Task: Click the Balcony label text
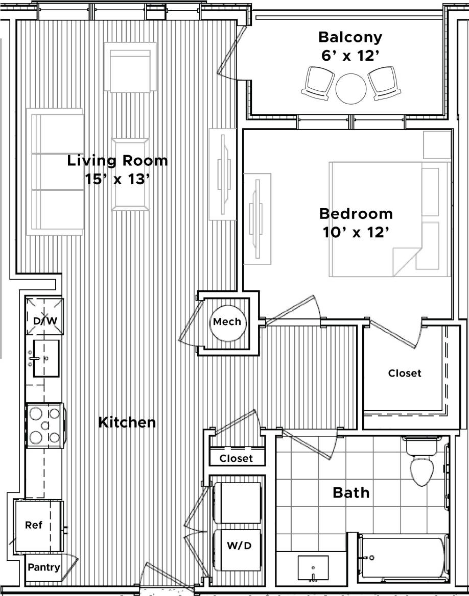pyautogui.click(x=350, y=37)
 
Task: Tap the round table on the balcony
pyautogui.click(x=351, y=88)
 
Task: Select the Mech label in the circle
pyautogui.click(x=227, y=322)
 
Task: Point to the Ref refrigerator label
pyautogui.click(x=34, y=525)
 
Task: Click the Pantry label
pyautogui.click(x=44, y=567)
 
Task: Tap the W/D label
pyautogui.click(x=239, y=545)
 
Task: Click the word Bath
pyautogui.click(x=351, y=492)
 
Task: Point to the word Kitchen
pyautogui.click(x=127, y=423)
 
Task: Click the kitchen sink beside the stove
pyautogui.click(x=45, y=358)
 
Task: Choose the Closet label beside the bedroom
pyautogui.click(x=405, y=373)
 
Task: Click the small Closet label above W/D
pyautogui.click(x=236, y=458)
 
